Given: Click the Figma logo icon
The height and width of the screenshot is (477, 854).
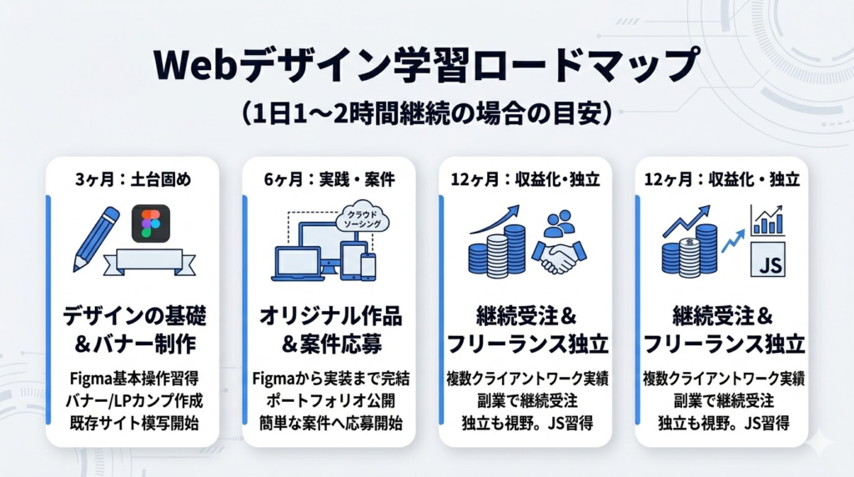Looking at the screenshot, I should coord(150,223).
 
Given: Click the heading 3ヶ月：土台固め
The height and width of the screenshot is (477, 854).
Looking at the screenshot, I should coord(133,178).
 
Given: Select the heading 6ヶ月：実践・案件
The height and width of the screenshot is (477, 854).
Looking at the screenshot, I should coord(329,178).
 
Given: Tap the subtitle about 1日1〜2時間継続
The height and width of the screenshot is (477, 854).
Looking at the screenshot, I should coord(426,113).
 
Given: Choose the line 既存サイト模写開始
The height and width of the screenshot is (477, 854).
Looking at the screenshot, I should coord(133,423).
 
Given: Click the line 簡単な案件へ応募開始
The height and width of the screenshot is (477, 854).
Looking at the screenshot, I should coord(329,423).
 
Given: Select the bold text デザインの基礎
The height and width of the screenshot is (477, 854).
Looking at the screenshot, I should coord(133,317).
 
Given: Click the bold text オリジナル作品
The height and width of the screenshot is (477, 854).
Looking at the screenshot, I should coord(329,317).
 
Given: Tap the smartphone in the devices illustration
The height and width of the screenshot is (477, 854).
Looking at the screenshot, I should coord(368,265).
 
